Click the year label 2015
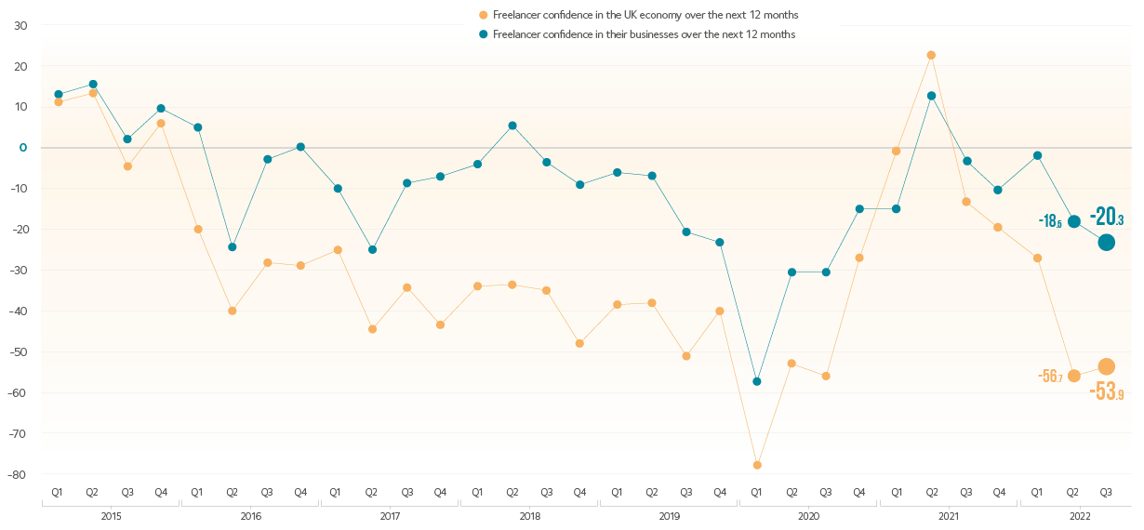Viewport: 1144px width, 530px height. click(110, 514)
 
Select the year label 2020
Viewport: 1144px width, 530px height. click(808, 514)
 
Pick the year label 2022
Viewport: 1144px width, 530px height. click(1080, 514)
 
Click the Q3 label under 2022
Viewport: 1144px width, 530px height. click(1107, 491)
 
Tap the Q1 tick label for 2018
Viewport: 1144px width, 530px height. click(476, 491)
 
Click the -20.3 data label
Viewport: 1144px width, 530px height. click(1107, 218)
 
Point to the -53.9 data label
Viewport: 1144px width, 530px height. click(1107, 392)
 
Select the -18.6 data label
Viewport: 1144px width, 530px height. click(1050, 221)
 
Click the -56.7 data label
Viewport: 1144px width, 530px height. click(1050, 376)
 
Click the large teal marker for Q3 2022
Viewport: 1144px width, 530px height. click(1106, 242)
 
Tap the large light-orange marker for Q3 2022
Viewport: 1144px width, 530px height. click(1106, 366)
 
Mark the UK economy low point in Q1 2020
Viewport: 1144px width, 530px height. click(757, 464)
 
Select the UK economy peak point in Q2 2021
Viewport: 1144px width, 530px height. click(931, 55)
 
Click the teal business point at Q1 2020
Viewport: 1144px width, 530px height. click(757, 381)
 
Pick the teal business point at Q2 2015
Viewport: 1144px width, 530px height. click(92, 85)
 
